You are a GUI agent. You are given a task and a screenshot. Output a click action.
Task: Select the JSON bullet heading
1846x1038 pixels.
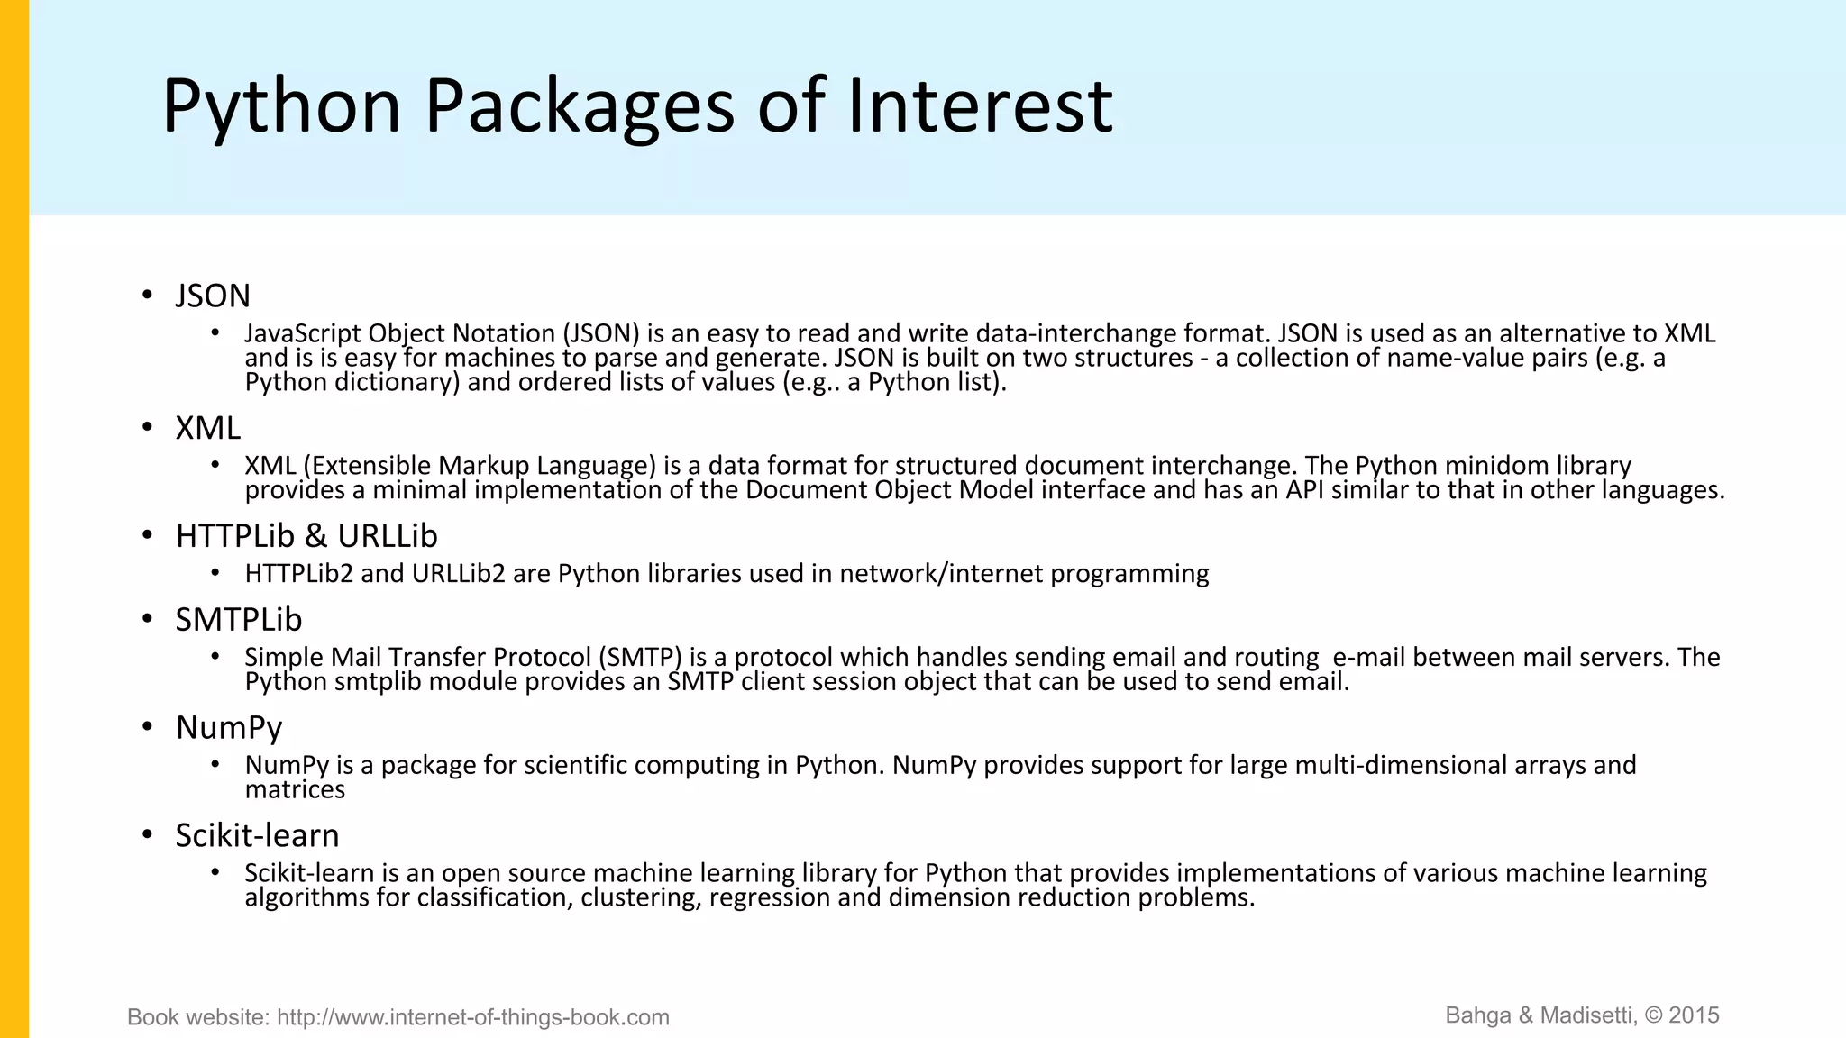(x=213, y=296)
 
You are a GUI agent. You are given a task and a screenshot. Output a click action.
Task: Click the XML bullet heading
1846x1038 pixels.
(x=208, y=428)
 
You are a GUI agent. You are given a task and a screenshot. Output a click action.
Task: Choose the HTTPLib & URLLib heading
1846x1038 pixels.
(x=306, y=536)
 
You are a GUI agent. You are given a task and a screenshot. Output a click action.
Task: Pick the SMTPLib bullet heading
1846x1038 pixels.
(x=239, y=620)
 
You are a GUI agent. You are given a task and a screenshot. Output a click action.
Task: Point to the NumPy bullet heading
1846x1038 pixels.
(x=229, y=727)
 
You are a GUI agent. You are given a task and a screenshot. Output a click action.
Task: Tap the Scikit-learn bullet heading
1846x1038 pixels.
(x=257, y=835)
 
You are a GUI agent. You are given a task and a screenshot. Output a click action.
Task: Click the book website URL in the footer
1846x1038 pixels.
(x=473, y=1017)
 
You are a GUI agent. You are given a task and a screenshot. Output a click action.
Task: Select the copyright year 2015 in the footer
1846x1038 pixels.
(x=1694, y=1015)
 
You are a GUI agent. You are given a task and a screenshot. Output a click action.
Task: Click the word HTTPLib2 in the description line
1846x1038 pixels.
(x=298, y=574)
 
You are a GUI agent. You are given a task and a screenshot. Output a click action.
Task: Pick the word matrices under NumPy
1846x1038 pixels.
(x=295, y=790)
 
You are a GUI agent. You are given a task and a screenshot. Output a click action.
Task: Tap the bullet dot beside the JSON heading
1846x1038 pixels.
(x=147, y=296)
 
